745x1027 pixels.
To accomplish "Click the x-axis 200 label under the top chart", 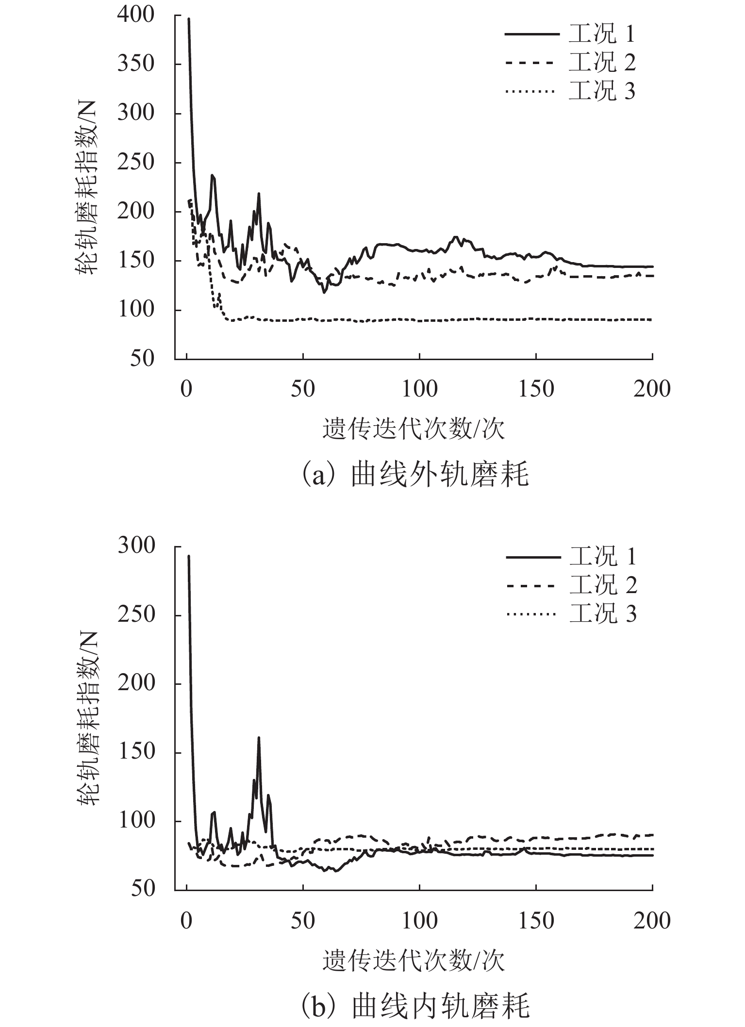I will [x=652, y=389].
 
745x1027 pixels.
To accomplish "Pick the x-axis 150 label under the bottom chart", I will [x=536, y=920].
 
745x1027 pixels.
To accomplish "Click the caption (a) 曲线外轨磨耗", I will [x=414, y=475].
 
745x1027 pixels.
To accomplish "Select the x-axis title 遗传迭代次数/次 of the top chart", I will [x=414, y=430].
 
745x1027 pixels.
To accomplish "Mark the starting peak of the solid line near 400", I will [x=188, y=19].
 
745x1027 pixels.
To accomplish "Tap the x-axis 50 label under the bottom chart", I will [x=303, y=920].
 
